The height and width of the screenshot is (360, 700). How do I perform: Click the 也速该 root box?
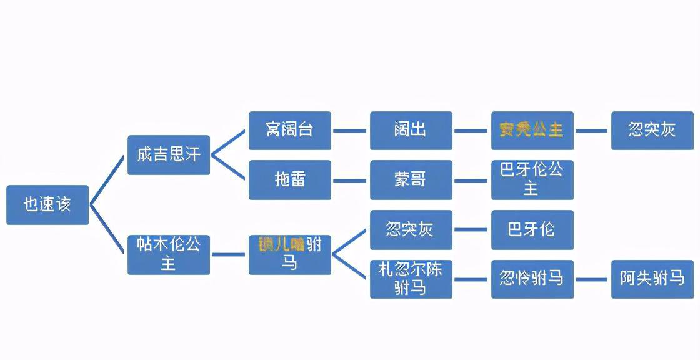(47, 204)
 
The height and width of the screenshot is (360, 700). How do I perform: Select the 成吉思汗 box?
(169, 154)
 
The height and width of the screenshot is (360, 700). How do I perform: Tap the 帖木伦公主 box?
(169, 254)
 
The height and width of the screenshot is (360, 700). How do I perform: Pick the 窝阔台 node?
(290, 131)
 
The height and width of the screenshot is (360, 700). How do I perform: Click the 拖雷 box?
(290, 180)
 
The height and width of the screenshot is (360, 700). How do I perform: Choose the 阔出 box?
(411, 131)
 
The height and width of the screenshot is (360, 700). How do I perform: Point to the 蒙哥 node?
(411, 180)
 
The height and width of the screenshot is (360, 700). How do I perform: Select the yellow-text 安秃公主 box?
(532, 131)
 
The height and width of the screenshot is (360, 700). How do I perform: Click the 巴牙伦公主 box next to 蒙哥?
(532, 180)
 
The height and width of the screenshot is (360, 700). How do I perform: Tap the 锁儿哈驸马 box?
(290, 254)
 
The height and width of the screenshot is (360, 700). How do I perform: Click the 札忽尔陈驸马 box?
(411, 279)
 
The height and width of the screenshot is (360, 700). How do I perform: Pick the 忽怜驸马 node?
(532, 279)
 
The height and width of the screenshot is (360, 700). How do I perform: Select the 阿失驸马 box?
(652, 279)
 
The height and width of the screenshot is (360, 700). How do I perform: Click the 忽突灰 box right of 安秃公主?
(652, 131)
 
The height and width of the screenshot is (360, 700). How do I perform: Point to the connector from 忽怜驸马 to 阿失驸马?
(592, 279)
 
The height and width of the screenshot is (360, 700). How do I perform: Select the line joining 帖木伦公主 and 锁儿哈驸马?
(229, 254)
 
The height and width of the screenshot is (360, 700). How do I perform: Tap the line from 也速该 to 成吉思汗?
(107, 180)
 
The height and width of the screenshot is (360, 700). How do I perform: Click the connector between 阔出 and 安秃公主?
(471, 131)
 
